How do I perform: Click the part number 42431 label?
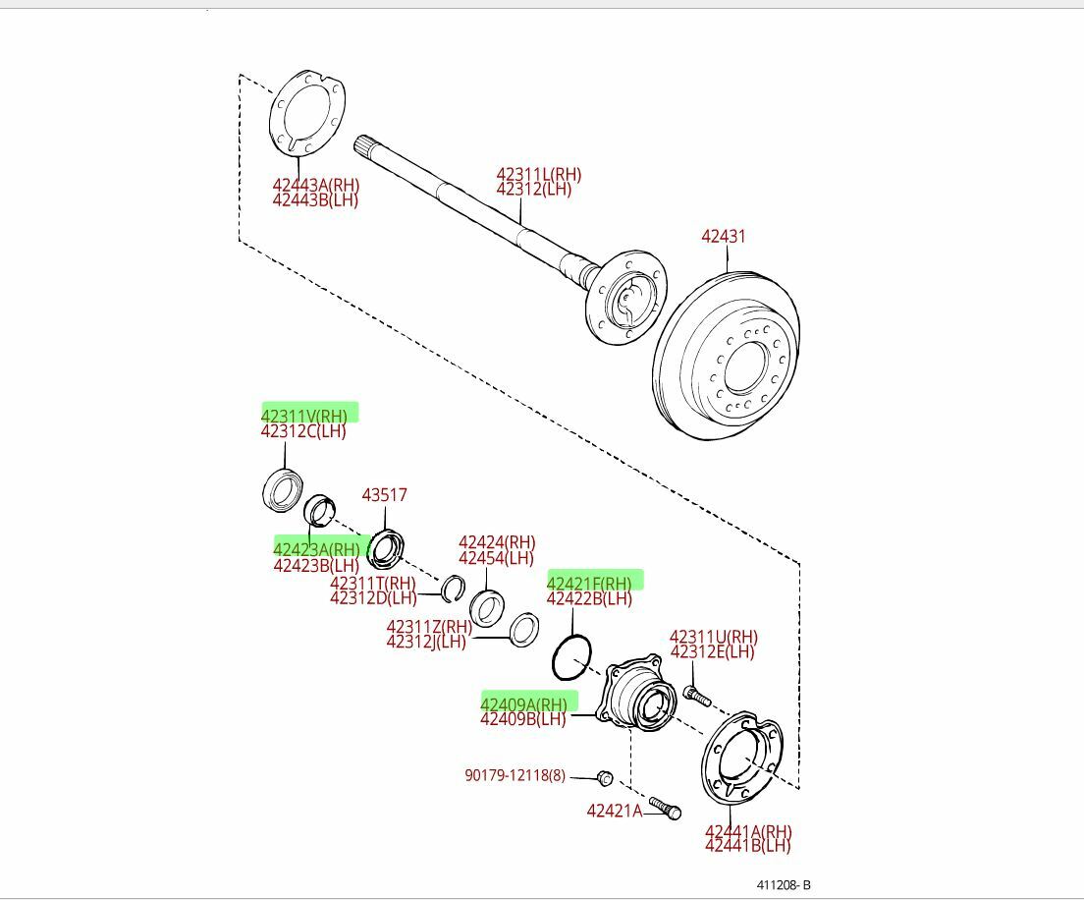(x=724, y=237)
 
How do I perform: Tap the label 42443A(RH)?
(x=315, y=185)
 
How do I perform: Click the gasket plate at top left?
(x=307, y=112)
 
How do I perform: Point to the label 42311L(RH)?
(x=538, y=175)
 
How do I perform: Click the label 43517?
(x=384, y=495)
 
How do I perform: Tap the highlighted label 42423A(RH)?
(x=317, y=549)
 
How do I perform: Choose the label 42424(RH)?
(x=497, y=542)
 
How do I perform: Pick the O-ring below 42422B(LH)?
(x=571, y=656)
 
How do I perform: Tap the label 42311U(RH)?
(x=714, y=637)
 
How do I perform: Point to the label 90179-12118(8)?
(x=515, y=775)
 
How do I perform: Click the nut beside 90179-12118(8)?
(x=605, y=778)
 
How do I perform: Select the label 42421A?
(x=614, y=811)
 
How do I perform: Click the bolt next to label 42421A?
(x=666, y=808)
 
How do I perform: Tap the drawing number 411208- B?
(x=783, y=884)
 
